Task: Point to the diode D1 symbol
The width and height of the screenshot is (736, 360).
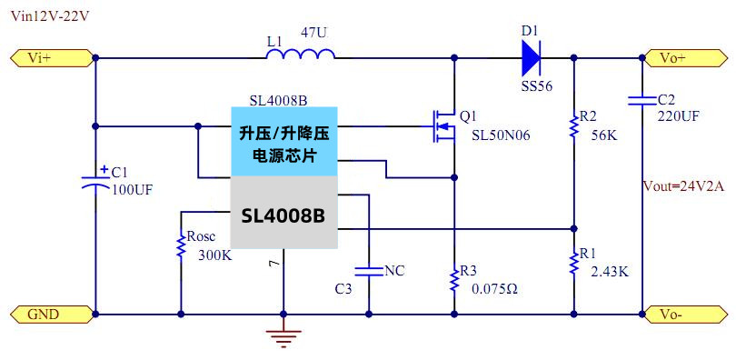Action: pyautogui.click(x=532, y=58)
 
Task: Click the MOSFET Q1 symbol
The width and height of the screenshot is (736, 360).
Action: pyautogui.click(x=444, y=126)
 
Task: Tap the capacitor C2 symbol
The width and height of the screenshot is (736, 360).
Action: pyautogui.click(x=642, y=97)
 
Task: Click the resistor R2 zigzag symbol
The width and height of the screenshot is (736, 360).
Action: pyautogui.click(x=573, y=126)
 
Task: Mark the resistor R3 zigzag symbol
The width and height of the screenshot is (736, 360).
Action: pyautogui.click(x=453, y=278)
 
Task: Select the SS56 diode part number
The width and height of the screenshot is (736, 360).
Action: pyautogui.click(x=536, y=87)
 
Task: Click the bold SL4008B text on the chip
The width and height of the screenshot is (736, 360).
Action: pyautogui.click(x=283, y=216)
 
